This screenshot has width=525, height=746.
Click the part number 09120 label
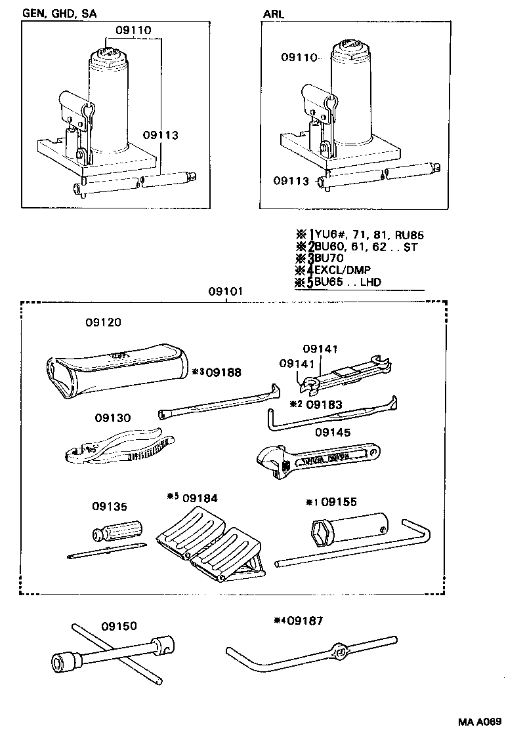[103, 323]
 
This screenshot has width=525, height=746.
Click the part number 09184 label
[200, 499]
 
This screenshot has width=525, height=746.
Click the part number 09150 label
[119, 625]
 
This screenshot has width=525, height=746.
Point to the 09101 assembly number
[226, 291]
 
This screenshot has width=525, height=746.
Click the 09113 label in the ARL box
[291, 181]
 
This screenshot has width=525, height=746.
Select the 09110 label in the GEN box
[134, 30]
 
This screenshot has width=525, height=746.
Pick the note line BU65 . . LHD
[348, 283]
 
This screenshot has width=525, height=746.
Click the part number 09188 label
[223, 372]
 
